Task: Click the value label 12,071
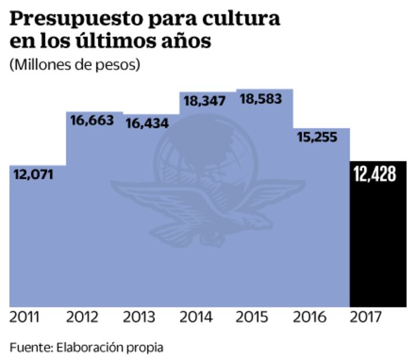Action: pos(33,174)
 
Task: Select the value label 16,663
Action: pos(92,121)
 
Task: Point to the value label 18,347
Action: pos(204,101)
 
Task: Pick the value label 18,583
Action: pos(261,99)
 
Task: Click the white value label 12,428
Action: pos(375,174)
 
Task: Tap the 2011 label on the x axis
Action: pos(25,318)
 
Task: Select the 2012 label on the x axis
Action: pos(83,318)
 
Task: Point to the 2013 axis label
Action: pos(139,318)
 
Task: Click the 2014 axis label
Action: pos(196,318)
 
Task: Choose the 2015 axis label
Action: pos(253,318)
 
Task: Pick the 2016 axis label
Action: pos(310,318)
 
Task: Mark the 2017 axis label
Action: pos(366,318)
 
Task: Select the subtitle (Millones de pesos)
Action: pos(75,64)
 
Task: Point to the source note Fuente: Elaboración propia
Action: pos(87,348)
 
